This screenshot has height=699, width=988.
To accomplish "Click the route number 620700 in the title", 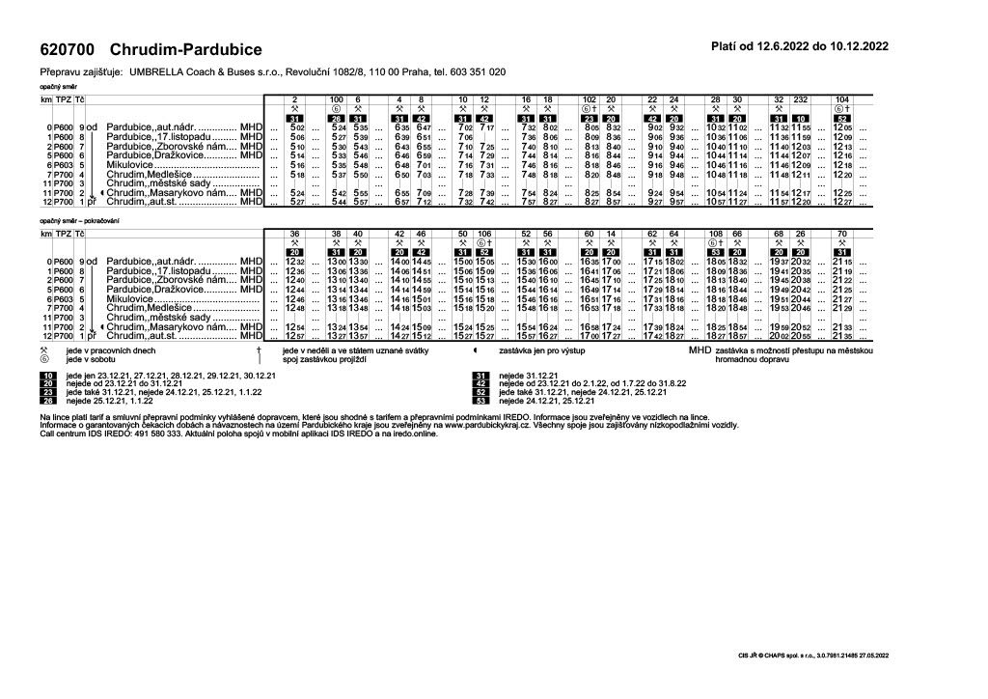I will [x=67, y=48].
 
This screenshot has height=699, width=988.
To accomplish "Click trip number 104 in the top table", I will [x=842, y=99].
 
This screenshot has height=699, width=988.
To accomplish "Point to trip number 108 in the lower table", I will [x=716, y=234].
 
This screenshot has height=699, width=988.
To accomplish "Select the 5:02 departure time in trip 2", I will [x=297, y=127].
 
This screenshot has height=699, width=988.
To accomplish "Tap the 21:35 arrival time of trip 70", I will [x=842, y=335].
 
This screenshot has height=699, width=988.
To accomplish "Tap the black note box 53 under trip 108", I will [x=716, y=251].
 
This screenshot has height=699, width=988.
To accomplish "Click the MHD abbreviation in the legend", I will [x=700, y=351].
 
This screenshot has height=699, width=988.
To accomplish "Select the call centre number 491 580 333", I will [x=134, y=434].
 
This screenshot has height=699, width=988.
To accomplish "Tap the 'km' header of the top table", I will [x=45, y=99].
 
